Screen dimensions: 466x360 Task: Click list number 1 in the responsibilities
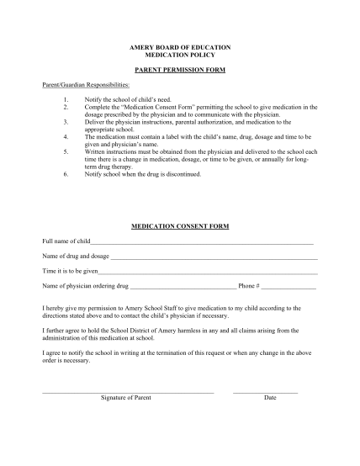pyautogui.click(x=66, y=102)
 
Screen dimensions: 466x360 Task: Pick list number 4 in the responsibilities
pyautogui.click(x=66, y=135)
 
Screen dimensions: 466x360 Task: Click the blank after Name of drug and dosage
pyautogui.click(x=214, y=257)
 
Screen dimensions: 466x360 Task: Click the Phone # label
pyautogui.click(x=249, y=287)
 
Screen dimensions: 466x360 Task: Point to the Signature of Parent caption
pyautogui.click(x=126, y=396)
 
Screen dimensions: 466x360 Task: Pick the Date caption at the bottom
pyautogui.click(x=270, y=396)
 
